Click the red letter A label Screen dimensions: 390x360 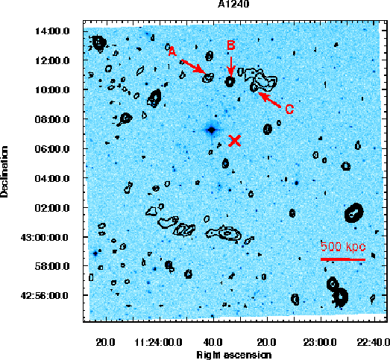click(x=172, y=51)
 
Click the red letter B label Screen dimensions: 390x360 click(x=231, y=45)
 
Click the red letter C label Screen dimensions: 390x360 click(x=289, y=109)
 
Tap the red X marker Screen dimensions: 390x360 click(x=235, y=141)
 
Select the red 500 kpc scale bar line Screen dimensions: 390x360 click(x=343, y=259)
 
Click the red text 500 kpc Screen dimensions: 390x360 click(x=343, y=247)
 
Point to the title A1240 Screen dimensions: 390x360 click(x=233, y=4)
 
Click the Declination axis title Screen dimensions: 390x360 click(x=4, y=171)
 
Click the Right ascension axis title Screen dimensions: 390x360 click(x=234, y=355)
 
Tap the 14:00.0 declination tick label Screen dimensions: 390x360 click(x=52, y=31)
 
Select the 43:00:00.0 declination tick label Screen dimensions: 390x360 click(x=45, y=238)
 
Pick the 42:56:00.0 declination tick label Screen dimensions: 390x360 click(x=45, y=296)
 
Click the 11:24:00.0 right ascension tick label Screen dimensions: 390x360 click(x=158, y=342)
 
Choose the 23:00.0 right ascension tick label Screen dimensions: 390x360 click(x=320, y=342)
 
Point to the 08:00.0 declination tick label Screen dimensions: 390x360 click(x=52, y=119)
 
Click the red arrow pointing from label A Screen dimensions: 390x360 click(x=194, y=66)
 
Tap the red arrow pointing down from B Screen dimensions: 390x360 click(x=231, y=67)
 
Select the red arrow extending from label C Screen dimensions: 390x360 click(x=269, y=100)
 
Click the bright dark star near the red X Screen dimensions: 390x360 click(x=212, y=130)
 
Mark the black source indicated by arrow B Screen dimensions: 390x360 click(x=230, y=81)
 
